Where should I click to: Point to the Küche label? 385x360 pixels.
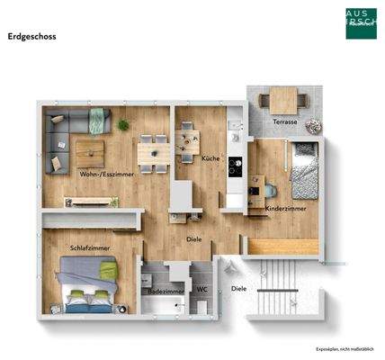(210, 157)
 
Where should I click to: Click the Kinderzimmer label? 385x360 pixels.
(286, 208)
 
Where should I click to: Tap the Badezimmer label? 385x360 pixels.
(167, 292)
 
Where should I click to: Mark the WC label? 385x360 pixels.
(201, 290)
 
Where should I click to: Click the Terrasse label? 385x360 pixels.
(285, 121)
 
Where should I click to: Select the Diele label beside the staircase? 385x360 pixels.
(238, 289)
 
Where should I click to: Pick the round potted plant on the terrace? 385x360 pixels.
(313, 125)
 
